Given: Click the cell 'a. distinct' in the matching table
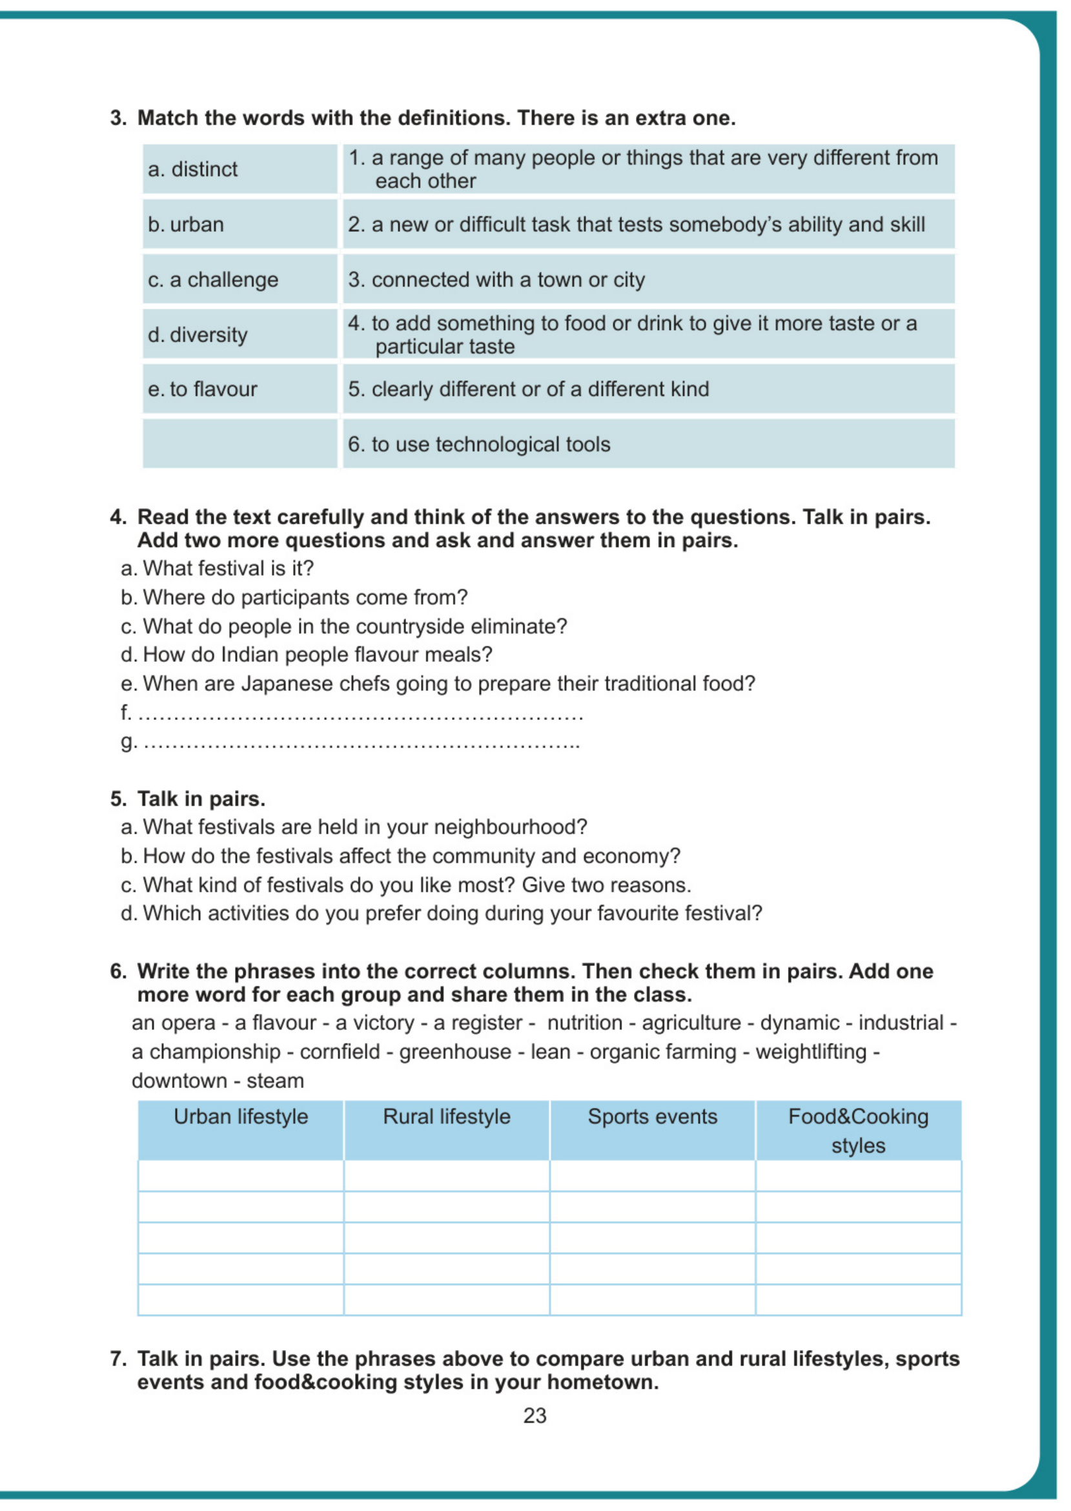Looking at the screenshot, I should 240,169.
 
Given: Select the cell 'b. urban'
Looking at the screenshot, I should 240,224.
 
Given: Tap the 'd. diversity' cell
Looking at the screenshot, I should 240,334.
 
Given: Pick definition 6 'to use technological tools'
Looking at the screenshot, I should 648,444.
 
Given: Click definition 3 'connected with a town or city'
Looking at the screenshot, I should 648,280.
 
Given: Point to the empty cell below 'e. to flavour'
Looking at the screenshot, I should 240,444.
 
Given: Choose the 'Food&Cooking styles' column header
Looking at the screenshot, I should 858,1131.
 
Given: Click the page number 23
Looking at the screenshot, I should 535,1415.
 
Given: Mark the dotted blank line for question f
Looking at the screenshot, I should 362,714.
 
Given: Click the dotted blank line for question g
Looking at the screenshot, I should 361,743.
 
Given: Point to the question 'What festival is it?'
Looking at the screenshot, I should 227,568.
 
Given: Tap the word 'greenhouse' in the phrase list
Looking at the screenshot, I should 455,1051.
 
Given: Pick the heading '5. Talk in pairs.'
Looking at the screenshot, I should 188,799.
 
